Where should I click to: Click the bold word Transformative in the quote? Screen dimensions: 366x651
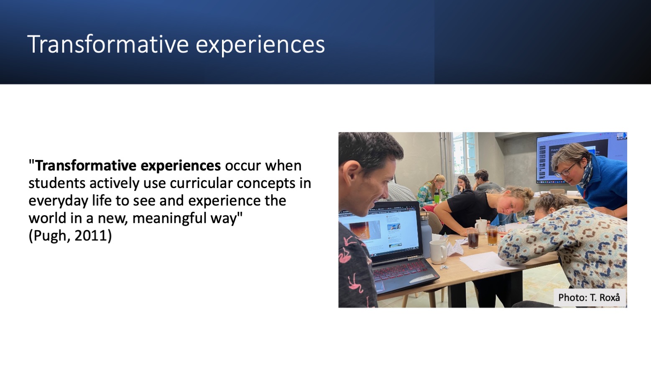[86, 165]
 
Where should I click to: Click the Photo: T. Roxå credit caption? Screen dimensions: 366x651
[589, 297]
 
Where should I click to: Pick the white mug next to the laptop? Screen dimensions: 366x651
[438, 251]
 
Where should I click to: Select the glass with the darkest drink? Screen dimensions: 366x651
[472, 238]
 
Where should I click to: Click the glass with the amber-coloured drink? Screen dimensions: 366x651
[492, 235]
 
